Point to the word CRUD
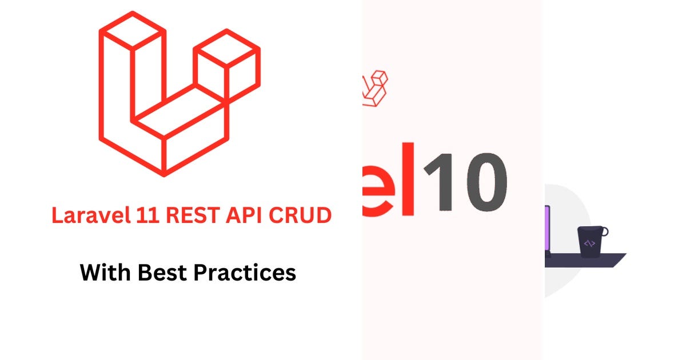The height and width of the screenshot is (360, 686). coord(306,215)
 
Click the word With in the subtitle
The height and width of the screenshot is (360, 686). coord(104,272)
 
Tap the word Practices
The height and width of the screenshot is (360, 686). coord(244,273)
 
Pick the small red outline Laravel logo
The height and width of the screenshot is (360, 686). coord(375,89)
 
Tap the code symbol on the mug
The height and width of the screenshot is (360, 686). coord(589,244)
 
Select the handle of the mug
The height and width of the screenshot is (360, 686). coord(604,232)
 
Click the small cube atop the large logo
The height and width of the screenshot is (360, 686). coord(227,57)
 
